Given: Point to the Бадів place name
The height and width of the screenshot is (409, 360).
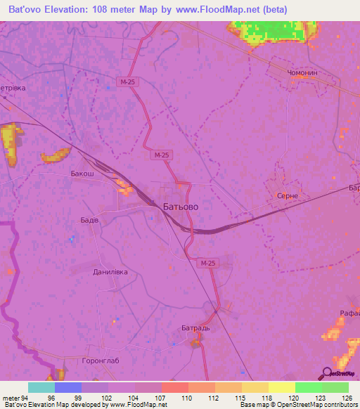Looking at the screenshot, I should tap(89, 221).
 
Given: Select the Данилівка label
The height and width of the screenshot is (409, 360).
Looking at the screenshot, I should tap(111, 271).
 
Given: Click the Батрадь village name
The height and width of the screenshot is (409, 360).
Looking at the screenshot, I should tap(196, 327).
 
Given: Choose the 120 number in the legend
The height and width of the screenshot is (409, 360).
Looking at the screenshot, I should tap(283, 397).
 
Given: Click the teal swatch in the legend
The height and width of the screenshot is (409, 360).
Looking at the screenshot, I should tap(41, 387).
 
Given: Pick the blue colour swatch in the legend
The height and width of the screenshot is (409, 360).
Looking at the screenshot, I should tap(68, 387).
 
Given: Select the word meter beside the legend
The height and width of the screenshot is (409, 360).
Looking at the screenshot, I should tap(10, 397).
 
